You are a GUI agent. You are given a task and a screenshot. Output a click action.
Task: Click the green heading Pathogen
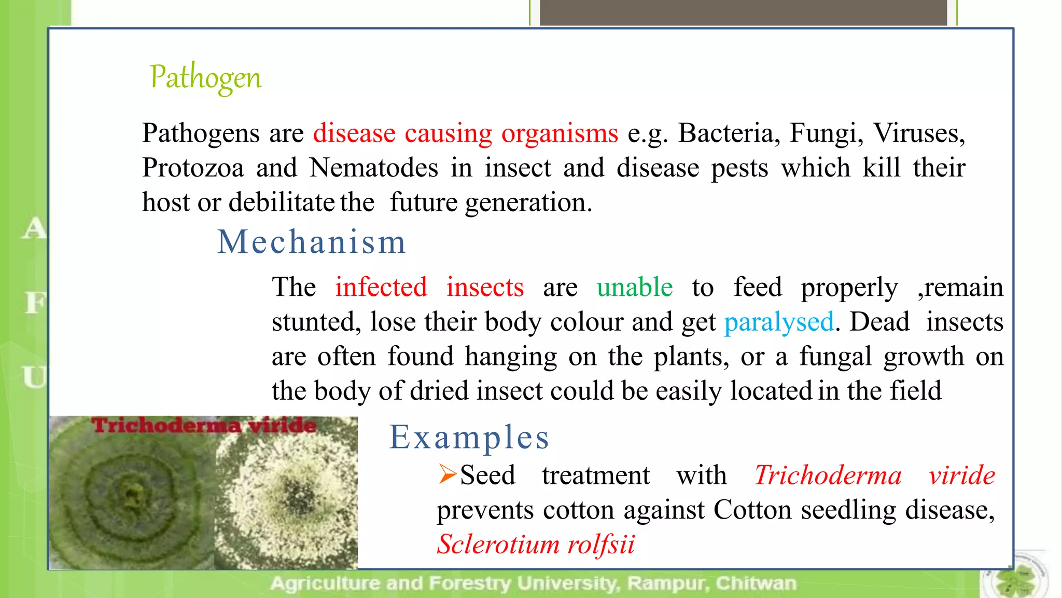click(x=206, y=78)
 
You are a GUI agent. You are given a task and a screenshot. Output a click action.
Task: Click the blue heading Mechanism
click(x=311, y=242)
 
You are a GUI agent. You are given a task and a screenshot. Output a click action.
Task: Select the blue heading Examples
click(x=469, y=437)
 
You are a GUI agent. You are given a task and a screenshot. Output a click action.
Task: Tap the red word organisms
click(x=560, y=133)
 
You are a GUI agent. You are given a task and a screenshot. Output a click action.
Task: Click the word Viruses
click(x=919, y=133)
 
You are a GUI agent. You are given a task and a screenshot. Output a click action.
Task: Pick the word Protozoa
click(x=193, y=168)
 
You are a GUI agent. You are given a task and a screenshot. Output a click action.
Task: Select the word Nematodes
click(x=373, y=168)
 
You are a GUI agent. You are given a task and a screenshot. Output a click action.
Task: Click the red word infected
click(x=381, y=287)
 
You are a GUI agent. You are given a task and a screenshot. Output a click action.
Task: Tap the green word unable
click(x=635, y=287)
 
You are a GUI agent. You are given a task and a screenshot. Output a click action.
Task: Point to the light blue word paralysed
click(x=779, y=322)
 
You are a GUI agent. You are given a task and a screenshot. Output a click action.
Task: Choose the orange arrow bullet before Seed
click(x=447, y=474)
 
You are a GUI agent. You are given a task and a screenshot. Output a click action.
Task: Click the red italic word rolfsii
click(x=601, y=544)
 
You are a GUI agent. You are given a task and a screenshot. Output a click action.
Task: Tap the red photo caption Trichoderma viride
click(x=204, y=426)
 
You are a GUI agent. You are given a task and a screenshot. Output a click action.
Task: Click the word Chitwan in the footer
click(x=756, y=583)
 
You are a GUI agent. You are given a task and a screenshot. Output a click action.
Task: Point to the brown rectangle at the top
click(x=743, y=12)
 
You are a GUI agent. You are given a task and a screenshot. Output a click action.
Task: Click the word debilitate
click(x=282, y=202)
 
